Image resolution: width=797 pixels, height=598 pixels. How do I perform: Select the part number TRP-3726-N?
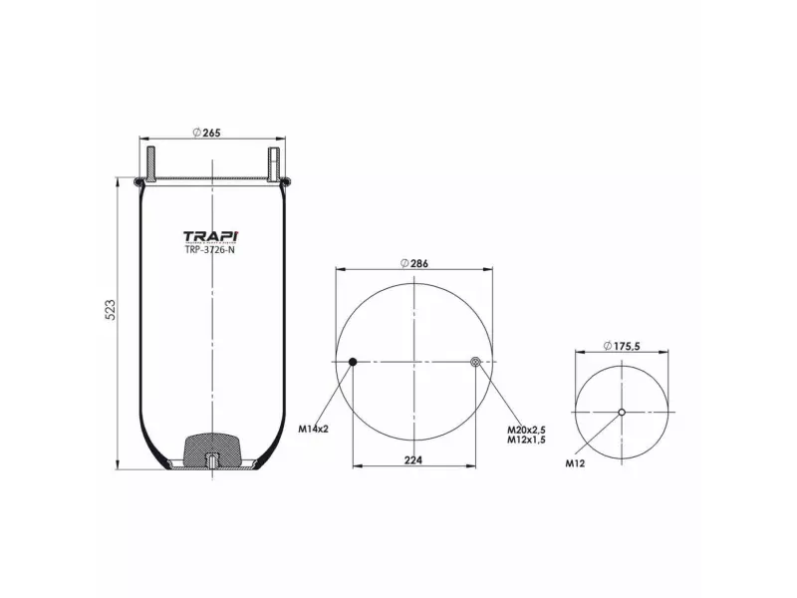pos(210,249)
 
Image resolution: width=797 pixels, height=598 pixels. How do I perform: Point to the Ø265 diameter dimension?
pos(205,134)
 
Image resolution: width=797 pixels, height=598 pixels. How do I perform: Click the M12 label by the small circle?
pos(575,463)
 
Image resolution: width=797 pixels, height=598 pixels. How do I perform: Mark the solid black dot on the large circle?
pos(353,362)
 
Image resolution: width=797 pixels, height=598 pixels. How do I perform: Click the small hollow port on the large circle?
pos(475,362)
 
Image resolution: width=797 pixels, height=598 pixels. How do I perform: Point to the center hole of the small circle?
pos(622,413)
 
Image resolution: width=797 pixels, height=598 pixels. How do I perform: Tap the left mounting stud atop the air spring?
pos(152,162)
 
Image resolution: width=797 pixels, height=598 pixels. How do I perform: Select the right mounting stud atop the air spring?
pos(271,162)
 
